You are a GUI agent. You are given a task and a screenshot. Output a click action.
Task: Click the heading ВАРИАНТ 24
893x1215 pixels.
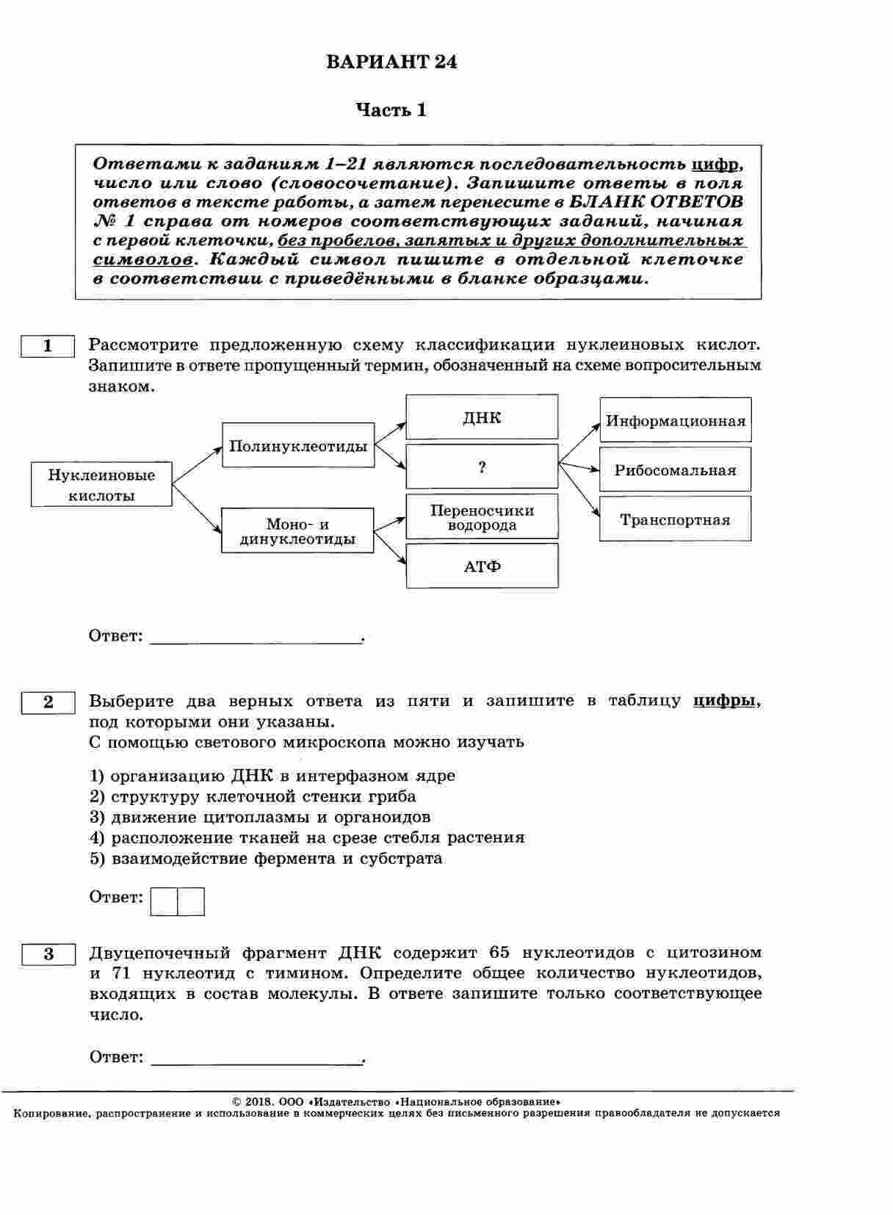click(x=391, y=62)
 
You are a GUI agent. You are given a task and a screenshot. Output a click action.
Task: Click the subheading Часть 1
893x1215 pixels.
click(x=391, y=110)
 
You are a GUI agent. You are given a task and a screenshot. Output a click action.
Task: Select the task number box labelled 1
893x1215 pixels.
click(x=48, y=346)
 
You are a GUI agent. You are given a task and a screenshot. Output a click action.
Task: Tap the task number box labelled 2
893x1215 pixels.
click(x=48, y=702)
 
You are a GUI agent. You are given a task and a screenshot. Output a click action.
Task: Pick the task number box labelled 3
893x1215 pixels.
click(x=48, y=954)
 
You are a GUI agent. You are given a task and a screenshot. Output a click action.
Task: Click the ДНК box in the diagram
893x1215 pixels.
click(x=482, y=417)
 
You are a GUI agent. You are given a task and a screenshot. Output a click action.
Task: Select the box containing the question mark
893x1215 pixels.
click(x=482, y=466)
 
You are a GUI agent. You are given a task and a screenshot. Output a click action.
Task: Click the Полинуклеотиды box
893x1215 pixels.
click(x=298, y=445)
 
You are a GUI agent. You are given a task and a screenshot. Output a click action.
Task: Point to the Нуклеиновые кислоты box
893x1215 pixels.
click(x=101, y=485)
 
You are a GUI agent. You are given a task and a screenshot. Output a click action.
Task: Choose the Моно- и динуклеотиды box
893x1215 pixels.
click(x=297, y=530)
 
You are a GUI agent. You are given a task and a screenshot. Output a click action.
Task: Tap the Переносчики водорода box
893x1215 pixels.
click(x=482, y=517)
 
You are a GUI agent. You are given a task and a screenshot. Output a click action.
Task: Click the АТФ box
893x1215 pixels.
click(x=482, y=566)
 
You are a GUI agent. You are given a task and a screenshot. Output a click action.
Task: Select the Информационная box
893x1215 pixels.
click(x=675, y=420)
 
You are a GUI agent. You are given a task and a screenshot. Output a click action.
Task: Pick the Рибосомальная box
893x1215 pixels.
click(x=675, y=469)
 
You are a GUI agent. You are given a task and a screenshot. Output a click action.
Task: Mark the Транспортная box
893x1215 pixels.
click(x=675, y=519)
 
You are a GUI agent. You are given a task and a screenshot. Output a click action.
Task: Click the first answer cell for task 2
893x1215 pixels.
click(x=164, y=901)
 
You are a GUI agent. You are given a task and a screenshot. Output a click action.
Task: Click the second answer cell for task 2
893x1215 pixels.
click(x=191, y=901)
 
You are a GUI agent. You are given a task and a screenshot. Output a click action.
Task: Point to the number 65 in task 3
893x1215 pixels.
click(x=499, y=953)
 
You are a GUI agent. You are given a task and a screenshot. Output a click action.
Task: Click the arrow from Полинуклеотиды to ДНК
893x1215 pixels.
click(x=390, y=433)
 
